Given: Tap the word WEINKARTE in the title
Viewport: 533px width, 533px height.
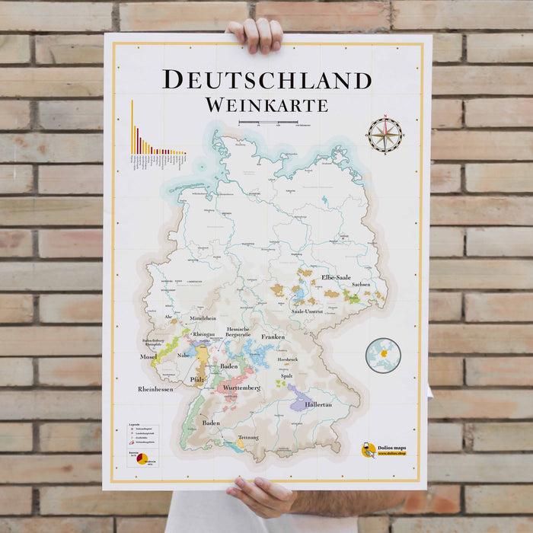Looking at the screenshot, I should coord(266,104).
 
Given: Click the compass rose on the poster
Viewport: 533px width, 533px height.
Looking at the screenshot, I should coord(385,134).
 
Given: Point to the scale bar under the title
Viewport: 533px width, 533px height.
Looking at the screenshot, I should coord(266,123).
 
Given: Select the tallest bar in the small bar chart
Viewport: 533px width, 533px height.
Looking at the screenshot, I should coord(132,126).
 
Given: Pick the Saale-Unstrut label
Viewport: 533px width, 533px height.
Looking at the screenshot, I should coord(310,311).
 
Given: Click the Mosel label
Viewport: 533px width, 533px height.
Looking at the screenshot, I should coord(148,356).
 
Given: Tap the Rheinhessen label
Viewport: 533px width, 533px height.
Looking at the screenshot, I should coord(155,389).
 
